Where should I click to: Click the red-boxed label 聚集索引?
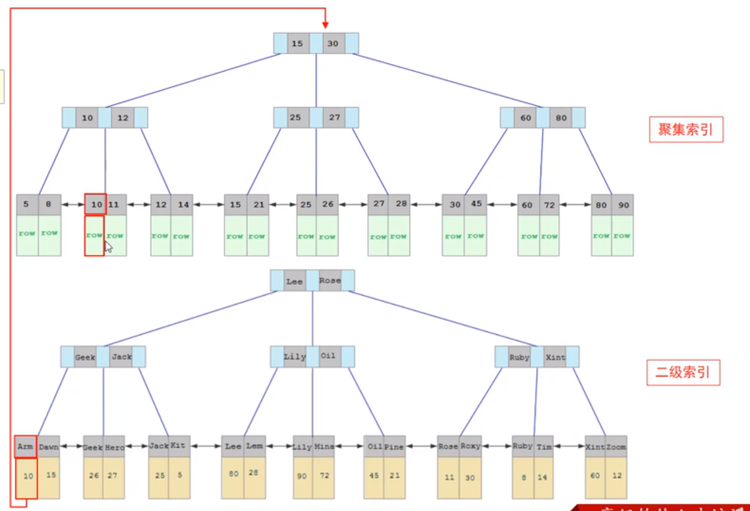pos(685,130)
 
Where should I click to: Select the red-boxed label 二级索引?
pos(683,372)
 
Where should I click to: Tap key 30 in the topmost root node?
pos(333,44)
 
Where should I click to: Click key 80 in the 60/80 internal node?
pos(561,118)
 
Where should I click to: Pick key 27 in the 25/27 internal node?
pos(334,118)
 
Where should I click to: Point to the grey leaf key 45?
pos(475,205)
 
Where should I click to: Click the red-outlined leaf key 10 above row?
pos(95,205)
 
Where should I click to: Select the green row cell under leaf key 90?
pos(622,236)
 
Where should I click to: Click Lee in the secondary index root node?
pos(294,281)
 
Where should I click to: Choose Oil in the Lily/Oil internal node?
pos(328,356)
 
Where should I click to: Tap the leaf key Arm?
pos(25,446)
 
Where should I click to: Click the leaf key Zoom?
pos(616,446)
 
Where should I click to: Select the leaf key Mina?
pos(324,446)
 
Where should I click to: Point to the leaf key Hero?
pos(115,446)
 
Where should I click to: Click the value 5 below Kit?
pos(179,476)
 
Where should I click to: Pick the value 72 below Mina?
pos(324,476)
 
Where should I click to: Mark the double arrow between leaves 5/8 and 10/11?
pos(73,205)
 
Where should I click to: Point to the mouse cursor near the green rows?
pos(108,246)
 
